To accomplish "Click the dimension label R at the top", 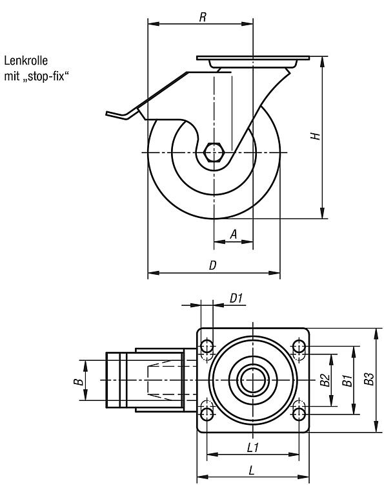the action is [203, 17].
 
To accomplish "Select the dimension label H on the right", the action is [315, 136].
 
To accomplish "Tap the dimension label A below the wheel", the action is [234, 234].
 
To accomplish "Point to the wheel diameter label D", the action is [213, 265].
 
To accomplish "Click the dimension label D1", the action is [236, 298].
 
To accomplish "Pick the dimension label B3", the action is [369, 378].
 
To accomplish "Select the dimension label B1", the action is [347, 380].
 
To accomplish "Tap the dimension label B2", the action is [325, 380].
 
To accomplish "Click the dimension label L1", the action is [253, 447].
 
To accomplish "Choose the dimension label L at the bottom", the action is [252, 471].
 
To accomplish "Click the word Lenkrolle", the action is [26, 61].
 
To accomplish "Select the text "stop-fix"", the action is [46, 76].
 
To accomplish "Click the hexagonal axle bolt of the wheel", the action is [214, 152].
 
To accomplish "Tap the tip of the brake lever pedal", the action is [106, 113].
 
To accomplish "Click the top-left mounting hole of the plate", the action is [207, 346].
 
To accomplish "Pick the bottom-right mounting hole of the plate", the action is [299, 414].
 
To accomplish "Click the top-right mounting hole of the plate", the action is [299, 346].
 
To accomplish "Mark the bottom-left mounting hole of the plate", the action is [207, 414].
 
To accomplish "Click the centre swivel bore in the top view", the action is [253, 380].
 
